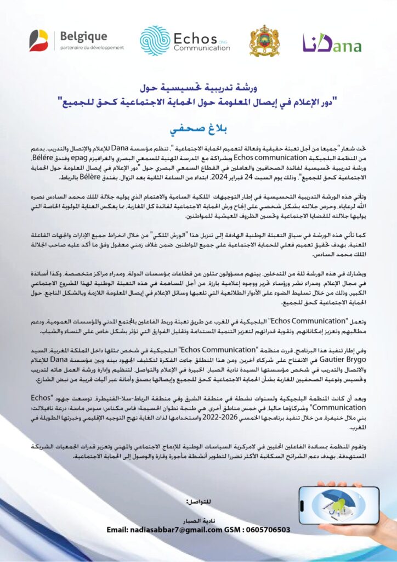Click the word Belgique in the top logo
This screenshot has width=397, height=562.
(x=83, y=36)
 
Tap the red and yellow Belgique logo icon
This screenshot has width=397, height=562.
(x=39, y=41)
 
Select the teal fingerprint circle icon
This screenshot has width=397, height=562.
(x=155, y=41)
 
